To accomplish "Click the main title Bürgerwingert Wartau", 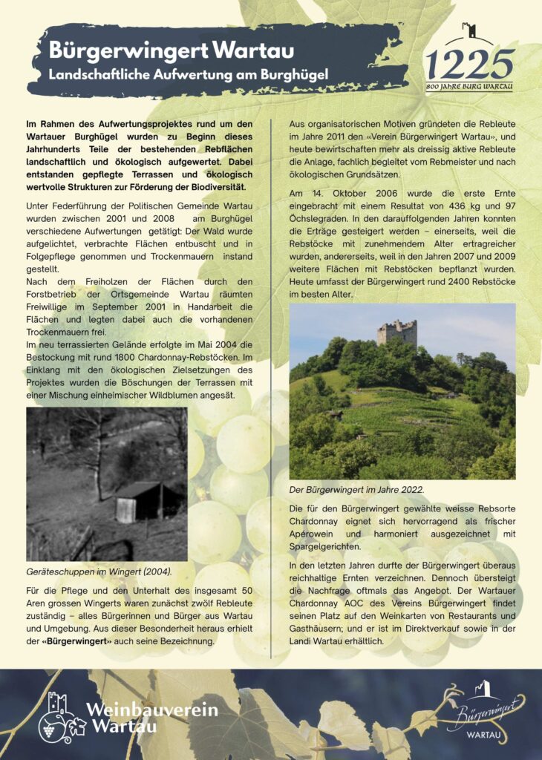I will click(172, 51).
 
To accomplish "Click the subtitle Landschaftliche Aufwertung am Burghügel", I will click(189, 75).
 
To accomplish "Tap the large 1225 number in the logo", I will click(469, 65).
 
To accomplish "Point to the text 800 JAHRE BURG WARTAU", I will click(469, 88).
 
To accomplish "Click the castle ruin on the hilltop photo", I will click(396, 332).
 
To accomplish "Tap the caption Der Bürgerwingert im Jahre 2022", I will click(356, 489).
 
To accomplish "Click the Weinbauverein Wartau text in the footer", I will click(152, 717).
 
